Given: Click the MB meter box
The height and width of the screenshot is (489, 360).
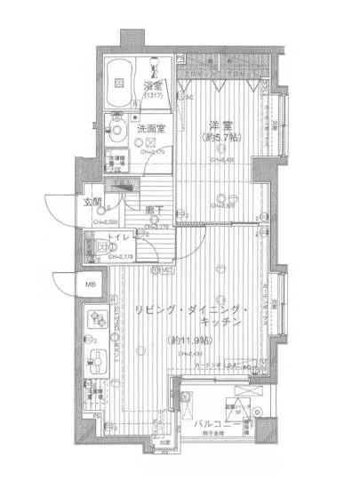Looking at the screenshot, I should pos(90,284).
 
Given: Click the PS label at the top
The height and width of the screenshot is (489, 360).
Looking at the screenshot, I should pos(180,58).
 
